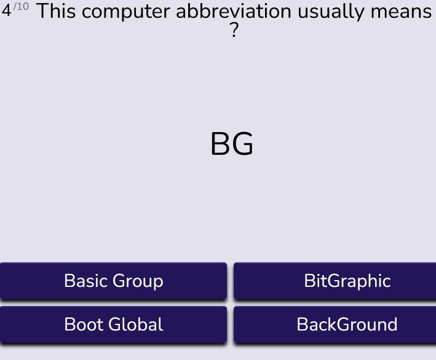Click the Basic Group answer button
pyautogui.click(x=113, y=281)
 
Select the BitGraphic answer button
pyautogui.click(x=335, y=281)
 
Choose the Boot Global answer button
pyautogui.click(x=113, y=324)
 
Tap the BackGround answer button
pyautogui.click(x=335, y=324)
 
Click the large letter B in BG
pyautogui.click(x=220, y=144)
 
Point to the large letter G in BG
pyautogui.click(x=242, y=144)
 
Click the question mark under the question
pyautogui.click(x=234, y=30)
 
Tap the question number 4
pyautogui.click(x=6, y=10)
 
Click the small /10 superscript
pyautogui.click(x=21, y=6)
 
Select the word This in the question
pyautogui.click(x=56, y=12)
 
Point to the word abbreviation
pyautogui.click(x=234, y=12)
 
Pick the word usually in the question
pyautogui.click(x=331, y=12)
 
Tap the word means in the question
pyautogui.click(x=401, y=13)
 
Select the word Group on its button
pyautogui.click(x=138, y=281)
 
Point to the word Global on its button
pyautogui.click(x=136, y=324)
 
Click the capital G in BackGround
pyautogui.click(x=344, y=324)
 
